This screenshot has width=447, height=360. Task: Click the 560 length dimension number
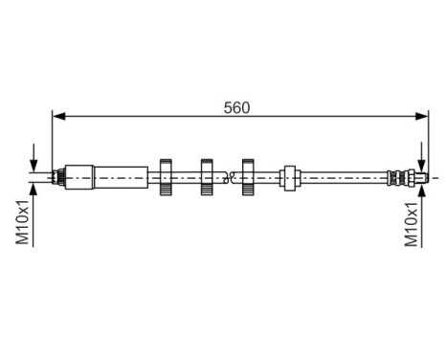point(236,107)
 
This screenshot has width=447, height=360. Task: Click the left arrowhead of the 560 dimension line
point(58,117)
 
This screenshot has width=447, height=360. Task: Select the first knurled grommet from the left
point(165,177)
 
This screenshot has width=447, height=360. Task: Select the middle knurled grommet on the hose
point(207,177)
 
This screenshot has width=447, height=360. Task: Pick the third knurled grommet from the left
point(249,177)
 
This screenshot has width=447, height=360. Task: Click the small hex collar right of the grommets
point(290,177)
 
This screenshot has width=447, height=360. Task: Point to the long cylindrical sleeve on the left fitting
point(121,177)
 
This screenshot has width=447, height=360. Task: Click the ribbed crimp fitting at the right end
point(394,177)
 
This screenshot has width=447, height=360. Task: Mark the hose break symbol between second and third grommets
point(228,176)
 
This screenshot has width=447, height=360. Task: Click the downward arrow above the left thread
point(34,165)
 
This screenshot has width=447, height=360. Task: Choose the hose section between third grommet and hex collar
point(269,177)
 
